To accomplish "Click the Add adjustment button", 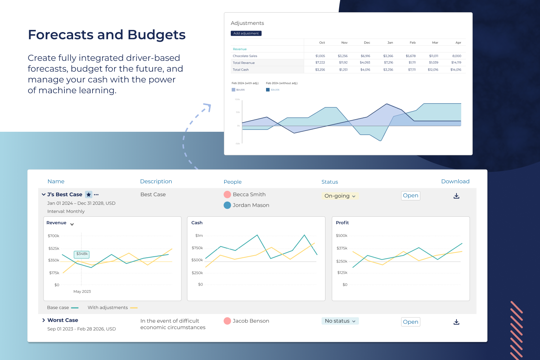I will [246, 33].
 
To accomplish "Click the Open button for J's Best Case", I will [410, 195].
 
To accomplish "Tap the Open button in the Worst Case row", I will [410, 322].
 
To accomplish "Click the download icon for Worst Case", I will [456, 322].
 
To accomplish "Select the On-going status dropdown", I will [339, 196].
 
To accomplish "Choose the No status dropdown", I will [340, 321].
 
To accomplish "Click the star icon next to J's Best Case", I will [89, 194].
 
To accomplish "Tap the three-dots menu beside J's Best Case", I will [96, 195].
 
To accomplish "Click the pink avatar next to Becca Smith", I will [227, 194].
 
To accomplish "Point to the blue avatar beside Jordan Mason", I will [227, 205].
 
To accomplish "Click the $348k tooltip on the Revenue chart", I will [82, 254].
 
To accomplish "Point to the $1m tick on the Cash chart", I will [199, 236].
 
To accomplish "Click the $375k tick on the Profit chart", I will [342, 248].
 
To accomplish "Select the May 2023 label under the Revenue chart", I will [82, 292].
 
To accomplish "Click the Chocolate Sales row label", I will [245, 56].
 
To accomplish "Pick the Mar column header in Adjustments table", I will [435, 43].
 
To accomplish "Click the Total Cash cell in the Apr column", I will [455, 70].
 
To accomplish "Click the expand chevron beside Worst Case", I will [44, 320].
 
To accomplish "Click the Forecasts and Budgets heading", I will [107, 35].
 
